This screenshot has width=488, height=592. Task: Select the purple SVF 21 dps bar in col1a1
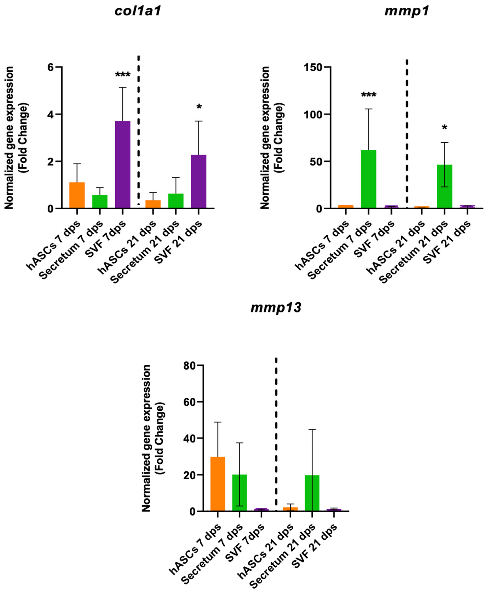pyautogui.click(x=198, y=182)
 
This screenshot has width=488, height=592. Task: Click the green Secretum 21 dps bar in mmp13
pyautogui.click(x=312, y=493)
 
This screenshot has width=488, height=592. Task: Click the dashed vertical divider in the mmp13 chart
pyautogui.click(x=276, y=436)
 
